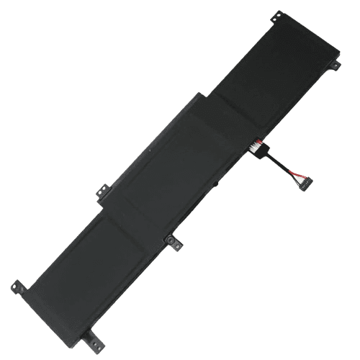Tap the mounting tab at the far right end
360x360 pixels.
click(x=335, y=65)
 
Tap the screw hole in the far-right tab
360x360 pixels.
click(x=336, y=65)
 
